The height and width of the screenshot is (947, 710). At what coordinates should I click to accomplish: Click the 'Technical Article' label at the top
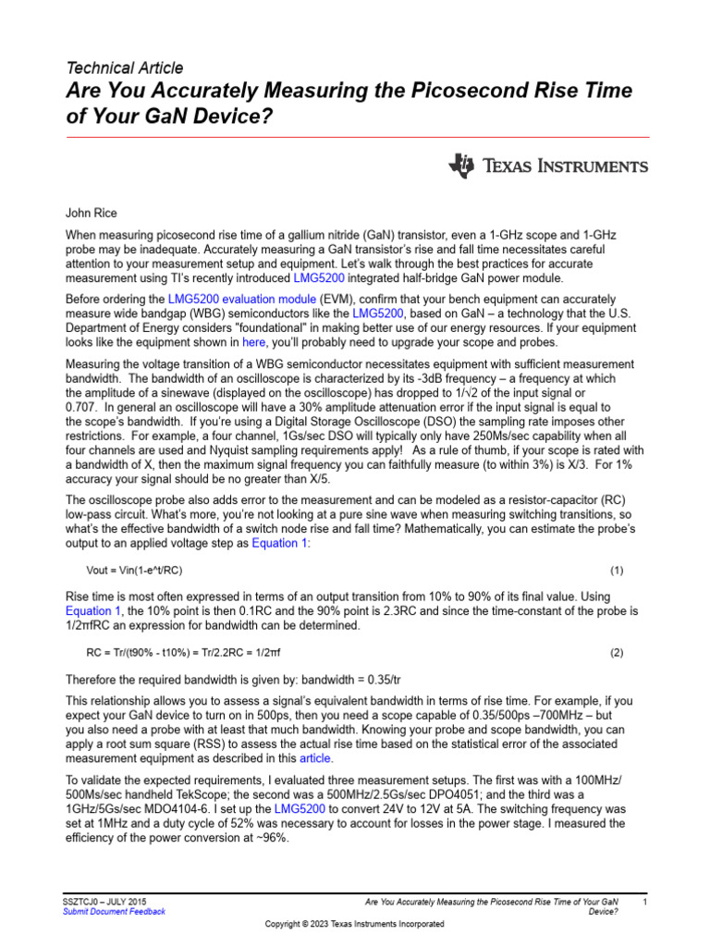pos(125,68)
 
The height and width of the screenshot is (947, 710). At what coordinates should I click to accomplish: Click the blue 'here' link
pos(253,341)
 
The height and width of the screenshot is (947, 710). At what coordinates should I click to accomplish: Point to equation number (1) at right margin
pos(617,570)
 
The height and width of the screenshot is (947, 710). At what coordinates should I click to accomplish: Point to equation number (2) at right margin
pos(617,652)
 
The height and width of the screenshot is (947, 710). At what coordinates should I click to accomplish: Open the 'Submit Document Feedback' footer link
pos(114,911)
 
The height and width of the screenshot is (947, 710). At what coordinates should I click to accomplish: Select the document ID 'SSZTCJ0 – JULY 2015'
pos(104,901)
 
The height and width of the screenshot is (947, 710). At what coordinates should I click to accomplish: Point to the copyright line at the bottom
pos(355,924)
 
